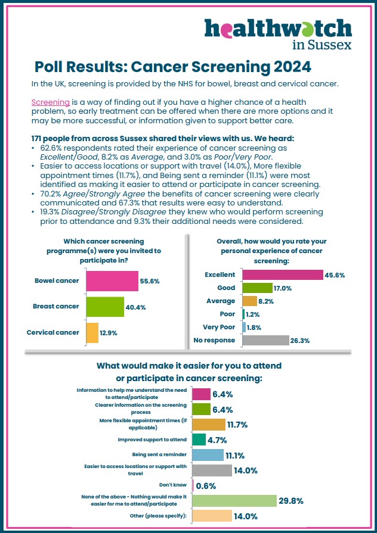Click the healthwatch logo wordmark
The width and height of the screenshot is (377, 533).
(278, 29)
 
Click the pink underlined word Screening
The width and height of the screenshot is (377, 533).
(50, 102)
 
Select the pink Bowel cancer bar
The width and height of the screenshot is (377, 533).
(112, 281)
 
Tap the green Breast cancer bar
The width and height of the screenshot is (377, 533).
(105, 307)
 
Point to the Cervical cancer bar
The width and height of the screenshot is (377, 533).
(92, 333)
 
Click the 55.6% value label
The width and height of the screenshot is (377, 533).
(150, 282)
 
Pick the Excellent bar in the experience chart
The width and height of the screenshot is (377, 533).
(283, 275)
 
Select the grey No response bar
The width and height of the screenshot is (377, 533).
(265, 340)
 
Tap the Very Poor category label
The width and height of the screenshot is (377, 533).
(219, 327)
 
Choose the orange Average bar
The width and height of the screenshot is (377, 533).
(249, 301)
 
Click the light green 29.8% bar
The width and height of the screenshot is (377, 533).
(234, 501)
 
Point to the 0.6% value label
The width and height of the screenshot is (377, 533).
(206, 486)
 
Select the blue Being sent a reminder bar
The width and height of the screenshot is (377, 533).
(208, 455)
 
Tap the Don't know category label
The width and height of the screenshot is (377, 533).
(173, 485)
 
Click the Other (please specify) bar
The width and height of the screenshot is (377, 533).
(212, 516)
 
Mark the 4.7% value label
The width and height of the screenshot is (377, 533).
(217, 440)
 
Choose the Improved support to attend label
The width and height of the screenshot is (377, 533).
(152, 440)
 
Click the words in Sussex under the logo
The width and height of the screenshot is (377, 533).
(322, 45)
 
